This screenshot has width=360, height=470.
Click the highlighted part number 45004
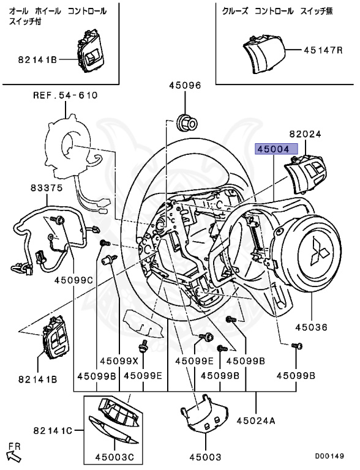[x=276, y=149]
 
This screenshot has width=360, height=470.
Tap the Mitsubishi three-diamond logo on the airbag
[x=320, y=251]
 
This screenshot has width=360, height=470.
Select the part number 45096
[x=185, y=86]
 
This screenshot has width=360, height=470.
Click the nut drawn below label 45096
[x=187, y=122]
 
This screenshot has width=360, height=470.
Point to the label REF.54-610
[x=66, y=95]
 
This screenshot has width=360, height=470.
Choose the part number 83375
[x=47, y=188]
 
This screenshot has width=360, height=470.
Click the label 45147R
[x=323, y=50]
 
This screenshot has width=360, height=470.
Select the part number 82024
[x=305, y=134]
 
